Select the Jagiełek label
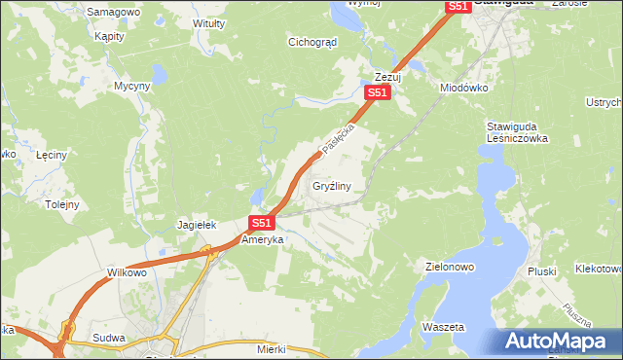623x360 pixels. point(195,225)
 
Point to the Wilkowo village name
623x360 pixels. point(127,273)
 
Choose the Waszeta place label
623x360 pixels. point(444,327)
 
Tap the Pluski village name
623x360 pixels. point(540,271)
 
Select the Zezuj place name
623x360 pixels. point(388,76)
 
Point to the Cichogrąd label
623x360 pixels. point(312,42)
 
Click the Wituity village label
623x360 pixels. point(209,22)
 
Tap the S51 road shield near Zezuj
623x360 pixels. point(378,92)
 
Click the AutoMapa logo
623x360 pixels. point(558,342)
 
